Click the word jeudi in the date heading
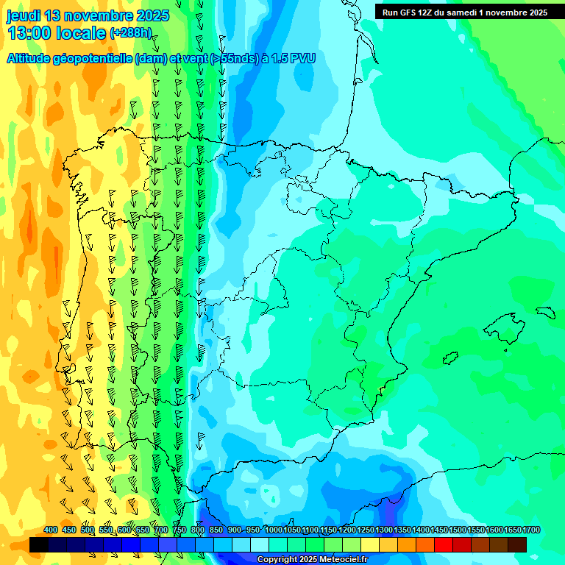[x=24, y=15]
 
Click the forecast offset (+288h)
[x=130, y=32]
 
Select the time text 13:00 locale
[x=57, y=32]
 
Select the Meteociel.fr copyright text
[x=312, y=560]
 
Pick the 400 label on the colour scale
[x=51, y=530]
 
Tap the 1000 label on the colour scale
[x=273, y=530]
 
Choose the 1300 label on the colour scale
[x=384, y=530]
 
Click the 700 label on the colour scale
[x=161, y=530]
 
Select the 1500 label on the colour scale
[x=458, y=530]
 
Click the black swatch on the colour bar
[x=39, y=544]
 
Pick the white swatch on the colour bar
[x=260, y=544]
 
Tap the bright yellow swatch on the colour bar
[x=370, y=544]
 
